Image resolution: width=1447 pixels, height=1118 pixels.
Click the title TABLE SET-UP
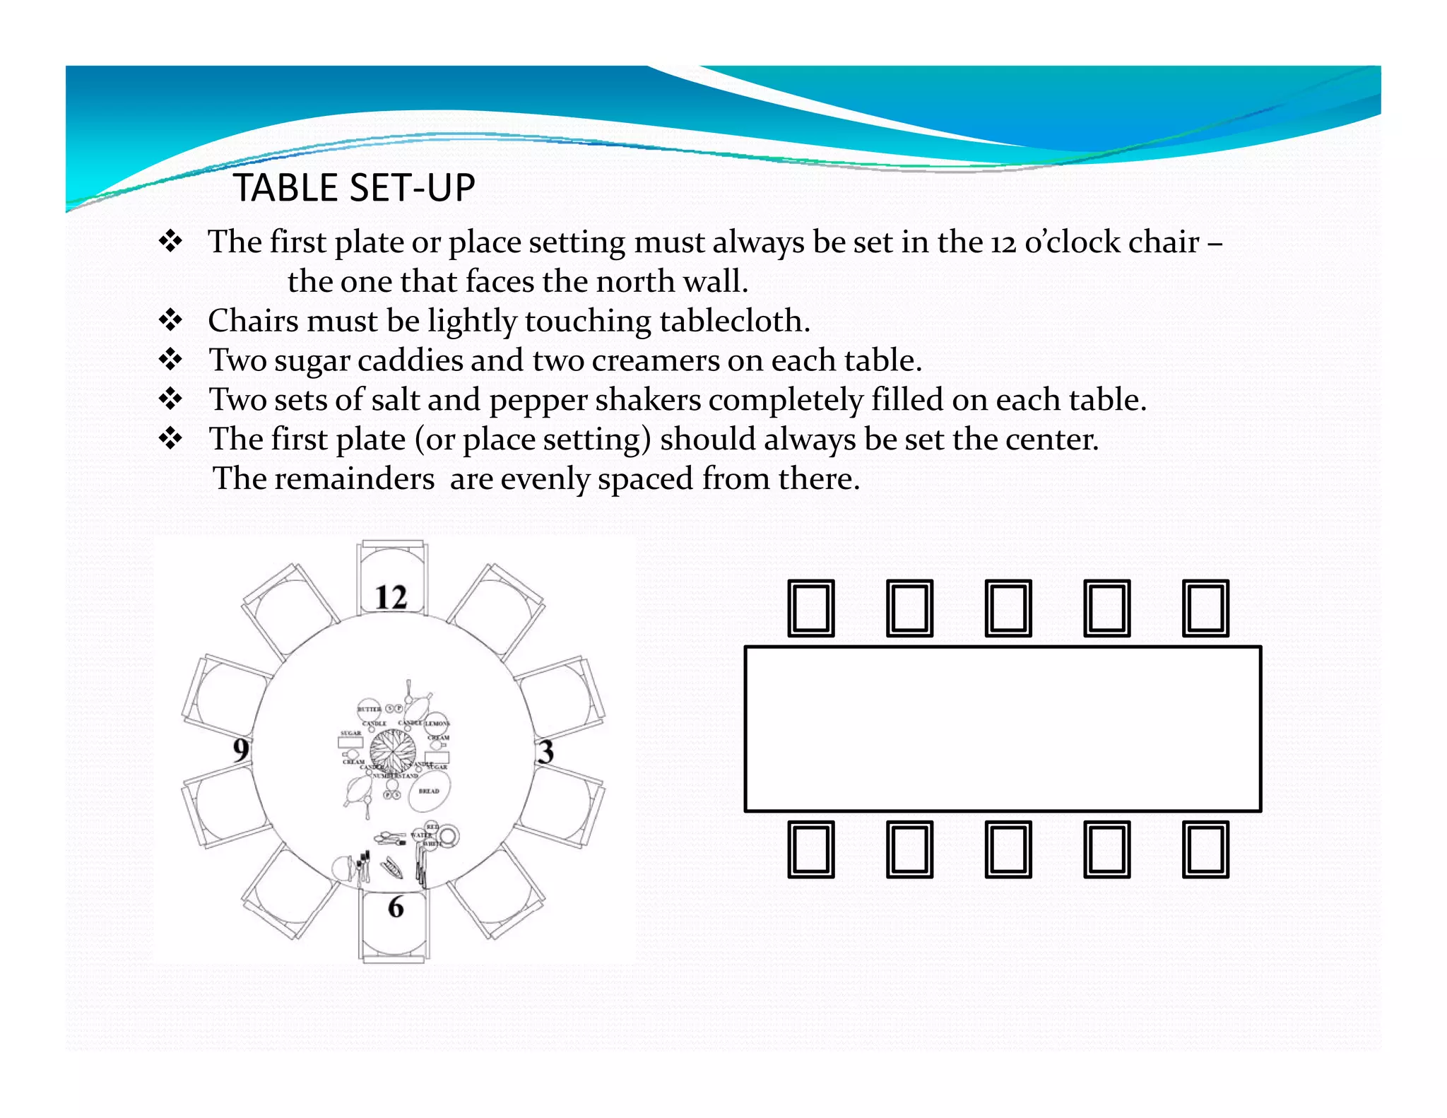click(x=354, y=188)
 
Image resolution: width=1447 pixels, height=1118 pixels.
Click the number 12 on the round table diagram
click(x=391, y=598)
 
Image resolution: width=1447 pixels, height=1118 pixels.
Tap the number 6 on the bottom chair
click(x=396, y=907)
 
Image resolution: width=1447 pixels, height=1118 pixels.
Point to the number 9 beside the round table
click(x=241, y=750)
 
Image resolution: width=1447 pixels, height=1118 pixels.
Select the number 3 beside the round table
click(x=545, y=752)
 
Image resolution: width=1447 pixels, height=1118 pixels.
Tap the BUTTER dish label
click(x=369, y=708)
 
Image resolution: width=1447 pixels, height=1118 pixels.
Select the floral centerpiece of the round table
click(x=392, y=751)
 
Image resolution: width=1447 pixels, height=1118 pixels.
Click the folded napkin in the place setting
click(x=393, y=868)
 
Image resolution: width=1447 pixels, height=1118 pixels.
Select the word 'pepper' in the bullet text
click(x=538, y=401)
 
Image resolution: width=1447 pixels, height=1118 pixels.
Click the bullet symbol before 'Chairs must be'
click(x=171, y=321)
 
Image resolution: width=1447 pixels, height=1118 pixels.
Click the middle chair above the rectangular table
click(x=1008, y=608)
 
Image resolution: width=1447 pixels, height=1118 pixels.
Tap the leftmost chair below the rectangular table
click(x=811, y=849)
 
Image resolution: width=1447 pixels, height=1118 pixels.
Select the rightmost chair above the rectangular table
click(x=1205, y=608)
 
